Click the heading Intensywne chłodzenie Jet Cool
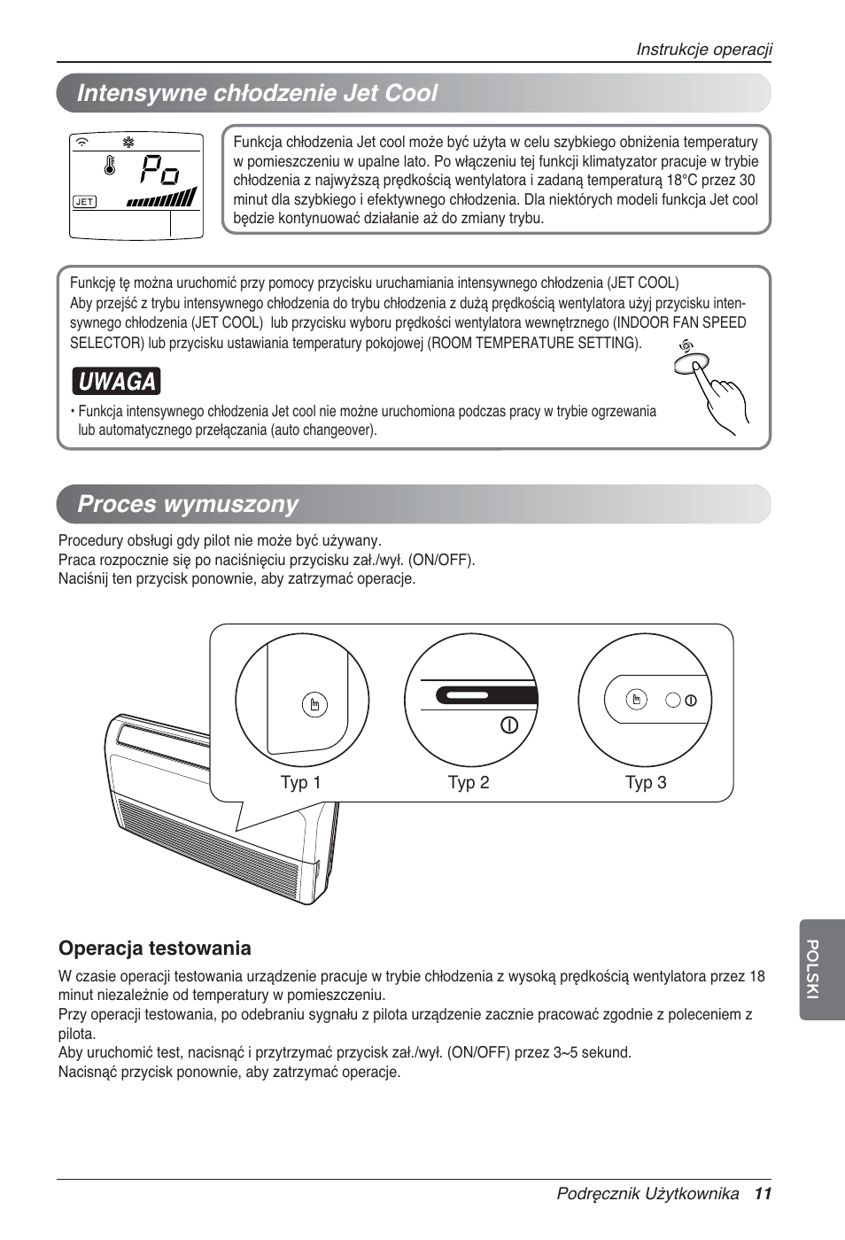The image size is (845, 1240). pyautogui.click(x=257, y=93)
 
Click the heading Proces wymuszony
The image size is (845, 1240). pyautogui.click(x=188, y=504)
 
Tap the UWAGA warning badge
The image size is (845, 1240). pyautogui.click(x=117, y=382)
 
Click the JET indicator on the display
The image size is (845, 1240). pyautogui.click(x=84, y=202)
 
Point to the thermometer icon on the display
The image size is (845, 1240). pyautogui.click(x=110, y=167)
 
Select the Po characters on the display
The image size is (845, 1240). pyautogui.click(x=160, y=168)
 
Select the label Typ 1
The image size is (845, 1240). pyautogui.click(x=300, y=783)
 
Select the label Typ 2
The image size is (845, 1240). pyautogui.click(x=468, y=783)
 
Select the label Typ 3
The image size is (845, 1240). pyautogui.click(x=646, y=783)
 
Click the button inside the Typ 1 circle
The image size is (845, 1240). pyautogui.click(x=314, y=705)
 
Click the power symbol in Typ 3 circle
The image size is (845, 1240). pyautogui.click(x=691, y=700)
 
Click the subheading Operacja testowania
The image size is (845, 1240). pyautogui.click(x=155, y=949)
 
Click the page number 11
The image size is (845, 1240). pyautogui.click(x=764, y=1194)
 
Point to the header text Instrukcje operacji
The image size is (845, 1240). pyautogui.click(x=704, y=50)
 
